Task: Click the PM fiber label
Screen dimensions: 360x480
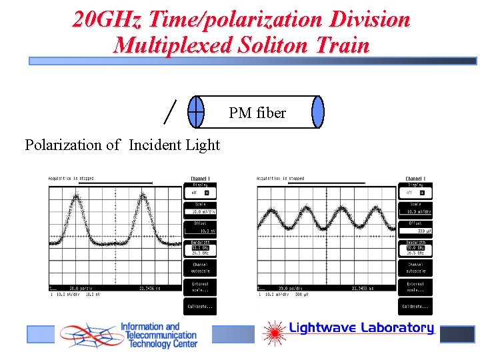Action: [257, 113]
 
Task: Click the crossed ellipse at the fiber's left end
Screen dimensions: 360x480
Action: [196, 111]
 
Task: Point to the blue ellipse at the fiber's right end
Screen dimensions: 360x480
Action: [318, 111]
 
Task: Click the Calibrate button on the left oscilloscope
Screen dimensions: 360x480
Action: [200, 307]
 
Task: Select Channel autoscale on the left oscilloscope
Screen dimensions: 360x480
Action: [200, 268]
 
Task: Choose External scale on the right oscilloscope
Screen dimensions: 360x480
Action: [415, 287]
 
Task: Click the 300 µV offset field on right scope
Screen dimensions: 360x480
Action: [415, 230]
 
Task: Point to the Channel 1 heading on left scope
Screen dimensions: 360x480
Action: [200, 179]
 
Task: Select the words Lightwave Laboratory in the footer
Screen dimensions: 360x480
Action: [361, 328]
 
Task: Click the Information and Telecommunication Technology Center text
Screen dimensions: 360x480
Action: [158, 336]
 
